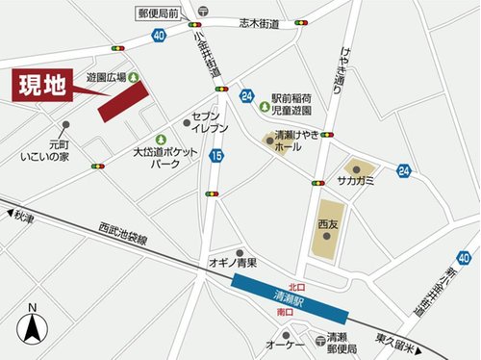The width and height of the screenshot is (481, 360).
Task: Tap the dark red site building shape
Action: (124, 101)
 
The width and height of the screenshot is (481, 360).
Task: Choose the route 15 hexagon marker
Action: (217, 154)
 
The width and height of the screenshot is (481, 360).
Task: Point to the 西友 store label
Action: (327, 224)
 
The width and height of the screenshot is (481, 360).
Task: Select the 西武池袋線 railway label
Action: (122, 233)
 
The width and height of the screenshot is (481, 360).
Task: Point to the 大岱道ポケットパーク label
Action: (166, 158)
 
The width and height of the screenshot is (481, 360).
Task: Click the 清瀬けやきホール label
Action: (297, 141)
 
